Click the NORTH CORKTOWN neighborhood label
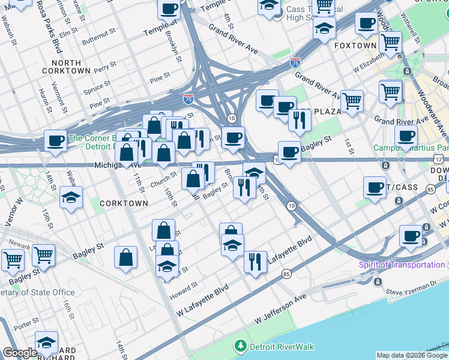coord(66,67)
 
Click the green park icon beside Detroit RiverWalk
coord(240,346)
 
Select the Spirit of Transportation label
coord(402,265)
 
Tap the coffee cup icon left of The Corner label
coord(55,141)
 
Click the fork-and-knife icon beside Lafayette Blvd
coord(255,262)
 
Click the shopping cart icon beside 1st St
coord(352,100)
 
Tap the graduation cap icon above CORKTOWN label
coord(71,197)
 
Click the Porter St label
coord(26,326)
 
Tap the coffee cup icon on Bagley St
coord(289,152)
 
